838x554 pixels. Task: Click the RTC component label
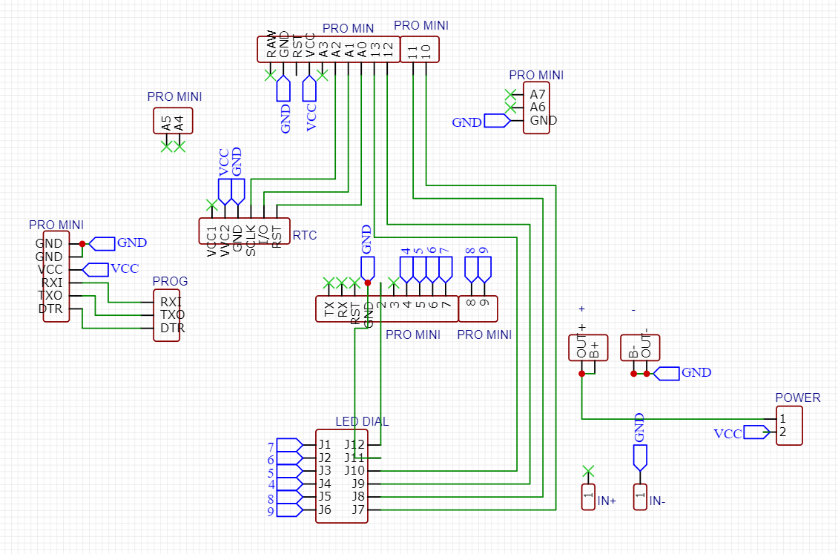click(x=305, y=236)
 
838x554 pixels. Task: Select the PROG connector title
click(x=170, y=282)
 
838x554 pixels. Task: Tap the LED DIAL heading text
click(x=362, y=421)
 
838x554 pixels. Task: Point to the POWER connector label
click(x=797, y=398)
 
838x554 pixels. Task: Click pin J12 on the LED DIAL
click(x=354, y=445)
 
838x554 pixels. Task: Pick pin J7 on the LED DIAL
click(x=357, y=510)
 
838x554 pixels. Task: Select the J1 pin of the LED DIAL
click(x=324, y=445)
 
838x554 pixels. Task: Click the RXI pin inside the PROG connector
click(x=171, y=302)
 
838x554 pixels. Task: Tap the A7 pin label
click(x=538, y=94)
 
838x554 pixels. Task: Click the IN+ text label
click(x=607, y=501)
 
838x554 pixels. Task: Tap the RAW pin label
click(x=271, y=46)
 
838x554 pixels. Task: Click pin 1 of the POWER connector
click(x=782, y=420)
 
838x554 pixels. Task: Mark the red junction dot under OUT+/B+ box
click(x=581, y=374)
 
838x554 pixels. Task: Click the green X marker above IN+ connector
click(x=588, y=469)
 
